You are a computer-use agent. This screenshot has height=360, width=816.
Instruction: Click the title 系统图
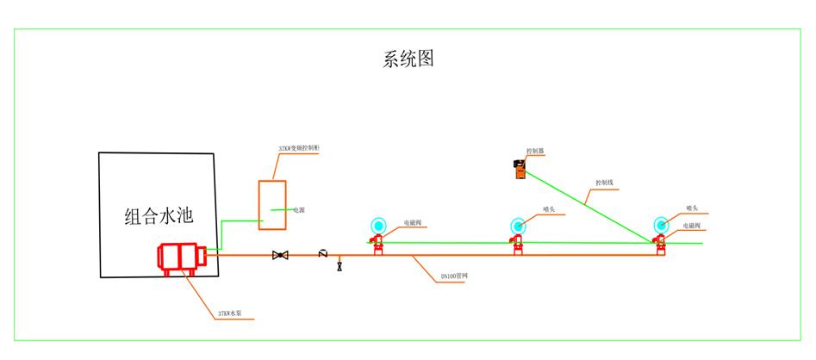[x=408, y=59]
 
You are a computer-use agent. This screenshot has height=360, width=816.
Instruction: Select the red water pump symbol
[x=179, y=258]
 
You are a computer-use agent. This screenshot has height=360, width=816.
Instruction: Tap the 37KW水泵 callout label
[x=234, y=313]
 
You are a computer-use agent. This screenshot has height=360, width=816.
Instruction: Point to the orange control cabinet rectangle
[x=273, y=205]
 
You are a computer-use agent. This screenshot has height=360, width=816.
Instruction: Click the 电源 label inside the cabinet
[x=298, y=209]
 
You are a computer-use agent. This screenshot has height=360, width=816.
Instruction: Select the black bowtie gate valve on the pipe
[x=280, y=256]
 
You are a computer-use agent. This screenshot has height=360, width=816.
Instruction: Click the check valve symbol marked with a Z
[x=322, y=253]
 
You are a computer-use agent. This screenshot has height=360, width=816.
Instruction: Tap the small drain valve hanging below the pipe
[x=339, y=267]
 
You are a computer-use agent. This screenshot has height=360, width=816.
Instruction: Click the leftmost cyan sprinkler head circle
[x=377, y=225]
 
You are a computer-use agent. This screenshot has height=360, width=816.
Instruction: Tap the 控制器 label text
[x=535, y=151]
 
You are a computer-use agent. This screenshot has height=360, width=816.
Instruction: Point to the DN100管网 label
[x=454, y=276]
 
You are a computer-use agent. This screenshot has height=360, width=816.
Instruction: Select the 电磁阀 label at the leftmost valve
[x=412, y=223]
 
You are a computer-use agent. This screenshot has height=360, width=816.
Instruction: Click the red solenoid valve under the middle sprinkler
[x=518, y=246]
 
